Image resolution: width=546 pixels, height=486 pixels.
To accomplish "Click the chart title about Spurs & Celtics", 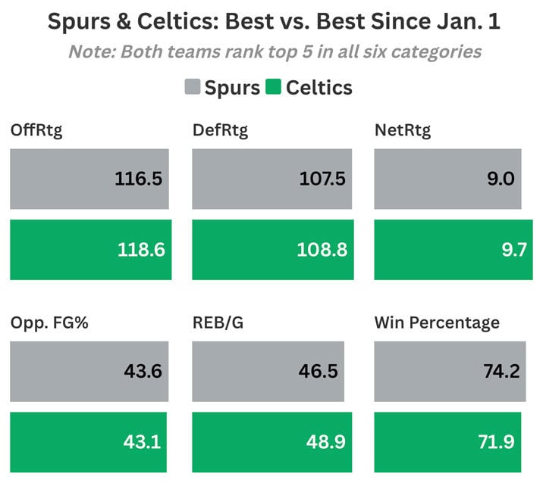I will [273, 21].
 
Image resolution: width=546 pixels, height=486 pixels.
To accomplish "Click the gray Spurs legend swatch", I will [192, 87].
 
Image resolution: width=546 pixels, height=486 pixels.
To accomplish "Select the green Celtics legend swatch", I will [273, 87].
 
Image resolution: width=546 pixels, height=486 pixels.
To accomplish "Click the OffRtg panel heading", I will [36, 130].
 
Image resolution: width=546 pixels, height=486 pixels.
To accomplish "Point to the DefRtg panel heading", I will [220, 130].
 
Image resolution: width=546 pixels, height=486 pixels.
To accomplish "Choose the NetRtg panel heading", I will [403, 130].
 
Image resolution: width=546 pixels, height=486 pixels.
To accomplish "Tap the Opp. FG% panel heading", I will [47, 323].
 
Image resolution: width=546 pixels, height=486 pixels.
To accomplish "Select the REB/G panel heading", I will [220, 323].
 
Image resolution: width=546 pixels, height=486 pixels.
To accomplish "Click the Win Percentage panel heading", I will [437, 323].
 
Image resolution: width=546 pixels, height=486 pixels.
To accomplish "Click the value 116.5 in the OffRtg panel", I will [139, 179].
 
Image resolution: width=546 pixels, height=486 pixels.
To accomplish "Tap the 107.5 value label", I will [322, 179].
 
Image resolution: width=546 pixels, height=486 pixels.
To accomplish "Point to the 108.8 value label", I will [322, 250].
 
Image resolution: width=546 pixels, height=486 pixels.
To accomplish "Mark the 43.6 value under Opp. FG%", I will [143, 372].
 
